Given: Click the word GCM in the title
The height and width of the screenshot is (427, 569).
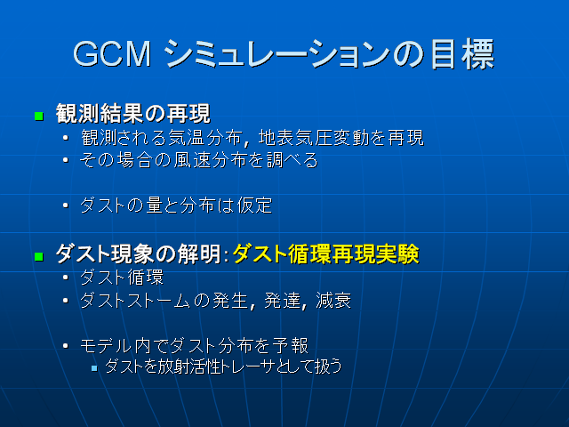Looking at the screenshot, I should tap(111, 54).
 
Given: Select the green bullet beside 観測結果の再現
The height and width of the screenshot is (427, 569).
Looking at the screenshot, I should tap(38, 117).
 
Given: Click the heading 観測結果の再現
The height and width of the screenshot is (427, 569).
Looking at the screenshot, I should tap(132, 115).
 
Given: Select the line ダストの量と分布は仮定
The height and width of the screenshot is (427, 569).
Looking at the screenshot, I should tap(175, 205).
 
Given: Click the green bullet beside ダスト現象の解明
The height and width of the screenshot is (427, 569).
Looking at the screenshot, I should tap(38, 256).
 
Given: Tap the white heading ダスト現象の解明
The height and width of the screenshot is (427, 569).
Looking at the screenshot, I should tap(136, 254).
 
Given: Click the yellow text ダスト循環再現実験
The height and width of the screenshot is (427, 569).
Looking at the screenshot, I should tap(325, 254).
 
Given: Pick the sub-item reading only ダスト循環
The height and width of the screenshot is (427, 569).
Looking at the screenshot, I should tap(122, 278).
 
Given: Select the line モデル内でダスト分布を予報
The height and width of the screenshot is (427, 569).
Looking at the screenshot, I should tap(194, 345).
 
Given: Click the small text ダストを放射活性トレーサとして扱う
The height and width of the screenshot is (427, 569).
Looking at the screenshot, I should tap(223, 366).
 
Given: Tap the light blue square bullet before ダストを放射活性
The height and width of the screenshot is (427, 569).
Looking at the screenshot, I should tap(94, 367).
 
